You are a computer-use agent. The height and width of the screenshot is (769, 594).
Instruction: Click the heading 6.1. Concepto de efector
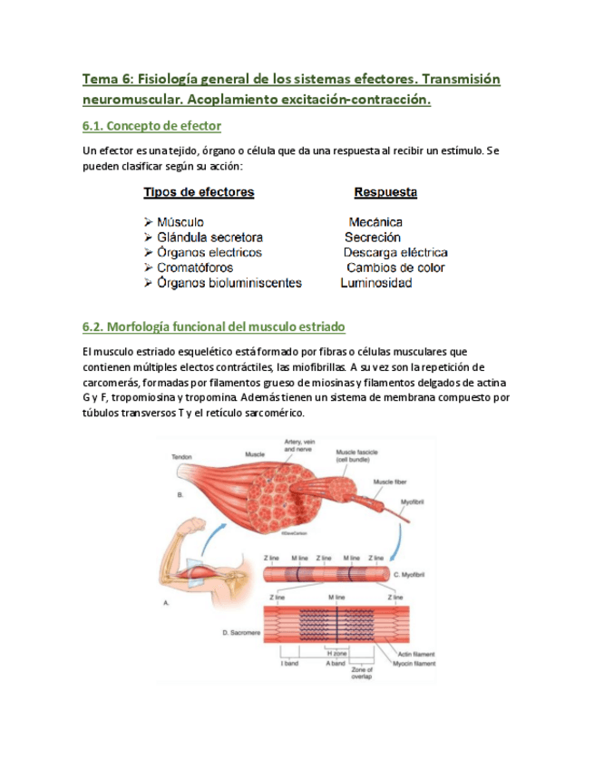(151, 125)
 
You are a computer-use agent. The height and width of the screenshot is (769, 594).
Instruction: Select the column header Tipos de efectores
(199, 193)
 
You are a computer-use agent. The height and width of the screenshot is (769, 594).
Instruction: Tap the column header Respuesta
(385, 193)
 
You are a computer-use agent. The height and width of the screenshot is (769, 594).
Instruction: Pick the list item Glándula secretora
(209, 238)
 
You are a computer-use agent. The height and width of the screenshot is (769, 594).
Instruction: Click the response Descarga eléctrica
(395, 253)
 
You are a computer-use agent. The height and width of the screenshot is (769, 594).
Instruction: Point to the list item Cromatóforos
(194, 268)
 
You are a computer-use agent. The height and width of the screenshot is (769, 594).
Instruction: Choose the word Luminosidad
(376, 284)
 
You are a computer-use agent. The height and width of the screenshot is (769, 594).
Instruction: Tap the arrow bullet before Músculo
(148, 222)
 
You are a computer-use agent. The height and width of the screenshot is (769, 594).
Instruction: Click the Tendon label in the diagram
(181, 458)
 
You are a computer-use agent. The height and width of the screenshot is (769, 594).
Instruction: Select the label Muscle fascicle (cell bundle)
(358, 455)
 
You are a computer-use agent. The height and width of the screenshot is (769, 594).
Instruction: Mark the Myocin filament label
(413, 663)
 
